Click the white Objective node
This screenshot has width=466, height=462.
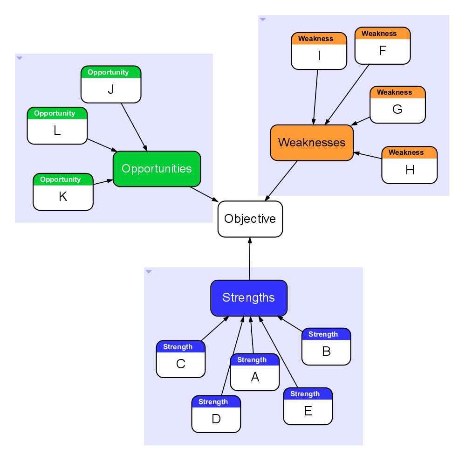250,219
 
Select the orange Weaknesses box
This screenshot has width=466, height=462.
312,143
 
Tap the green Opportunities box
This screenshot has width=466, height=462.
157,169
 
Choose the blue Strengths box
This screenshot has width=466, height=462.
249,298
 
